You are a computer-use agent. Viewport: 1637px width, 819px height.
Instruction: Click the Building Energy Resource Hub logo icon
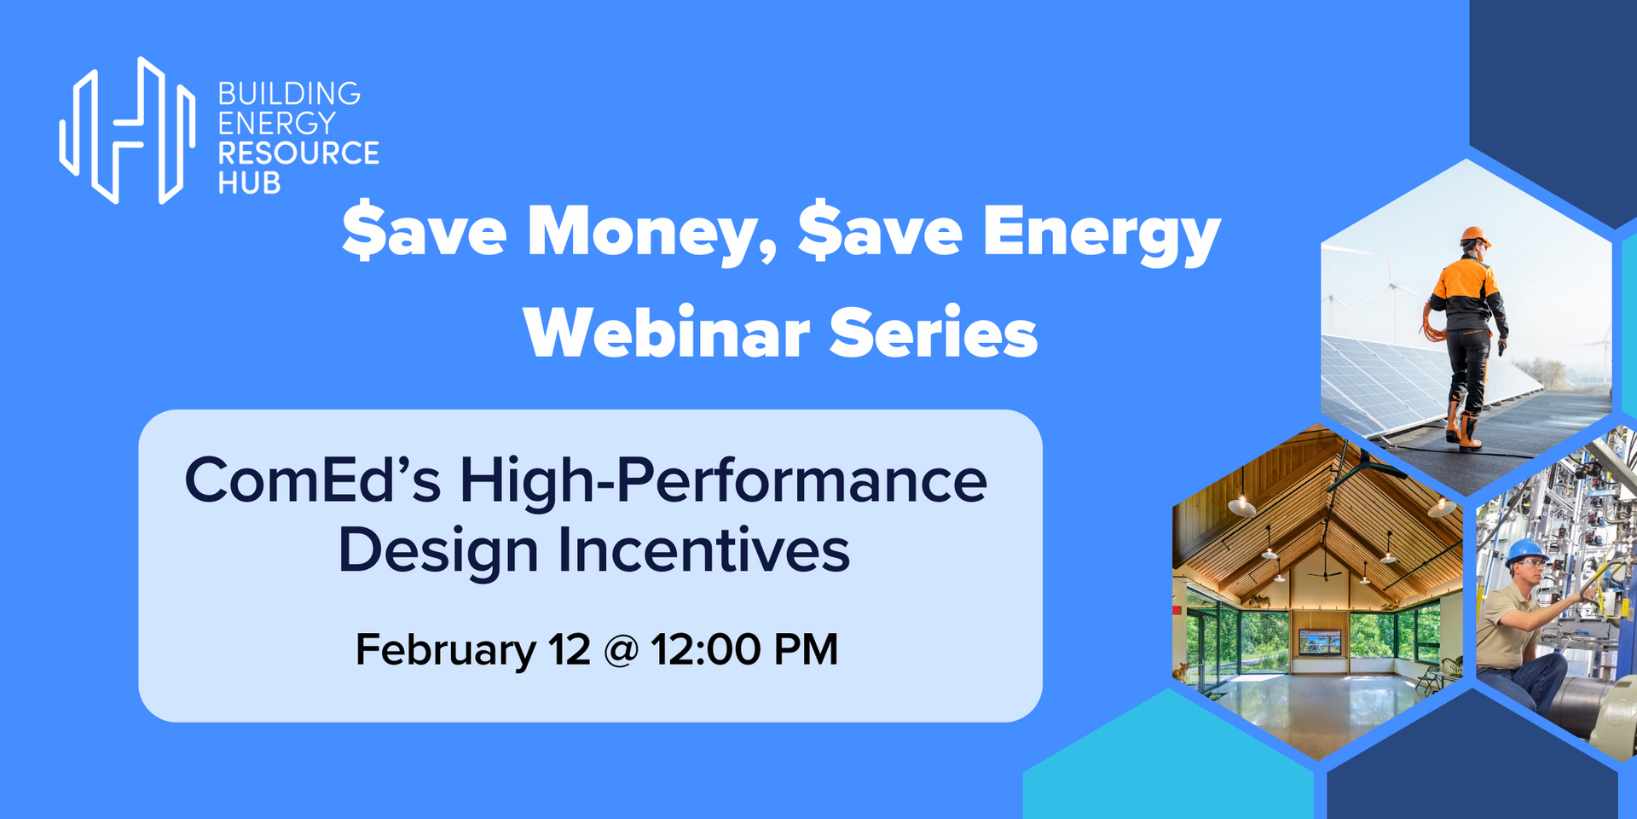[x=127, y=130]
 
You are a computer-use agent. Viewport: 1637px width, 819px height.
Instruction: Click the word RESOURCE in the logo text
[x=298, y=154]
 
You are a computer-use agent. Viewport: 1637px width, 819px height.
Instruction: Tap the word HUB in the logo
[x=249, y=183]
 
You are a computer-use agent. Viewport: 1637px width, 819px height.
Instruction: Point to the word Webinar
[x=666, y=333]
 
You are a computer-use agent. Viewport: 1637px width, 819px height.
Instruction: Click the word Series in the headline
[x=934, y=333]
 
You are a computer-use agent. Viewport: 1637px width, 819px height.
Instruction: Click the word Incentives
[x=703, y=551]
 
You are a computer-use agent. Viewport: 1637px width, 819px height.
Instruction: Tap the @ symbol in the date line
[x=621, y=651]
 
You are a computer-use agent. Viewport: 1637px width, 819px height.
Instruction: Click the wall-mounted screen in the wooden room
[x=1320, y=641]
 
